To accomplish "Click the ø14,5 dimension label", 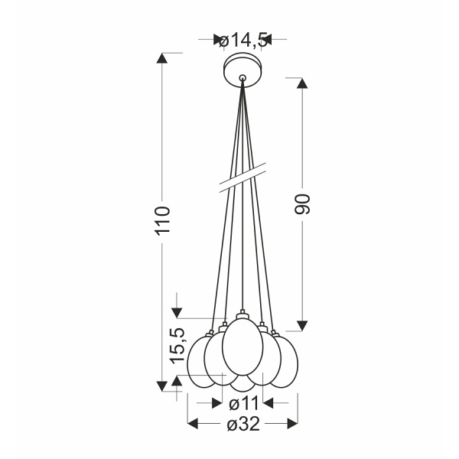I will point(243,41).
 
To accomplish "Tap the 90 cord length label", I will point(302,203).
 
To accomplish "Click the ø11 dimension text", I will point(243,402).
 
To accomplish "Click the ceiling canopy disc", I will point(243,71).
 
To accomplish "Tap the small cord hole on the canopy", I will point(243,77).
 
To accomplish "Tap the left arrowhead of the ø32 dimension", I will point(193,423).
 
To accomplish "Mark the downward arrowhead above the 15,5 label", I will point(177,312).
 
